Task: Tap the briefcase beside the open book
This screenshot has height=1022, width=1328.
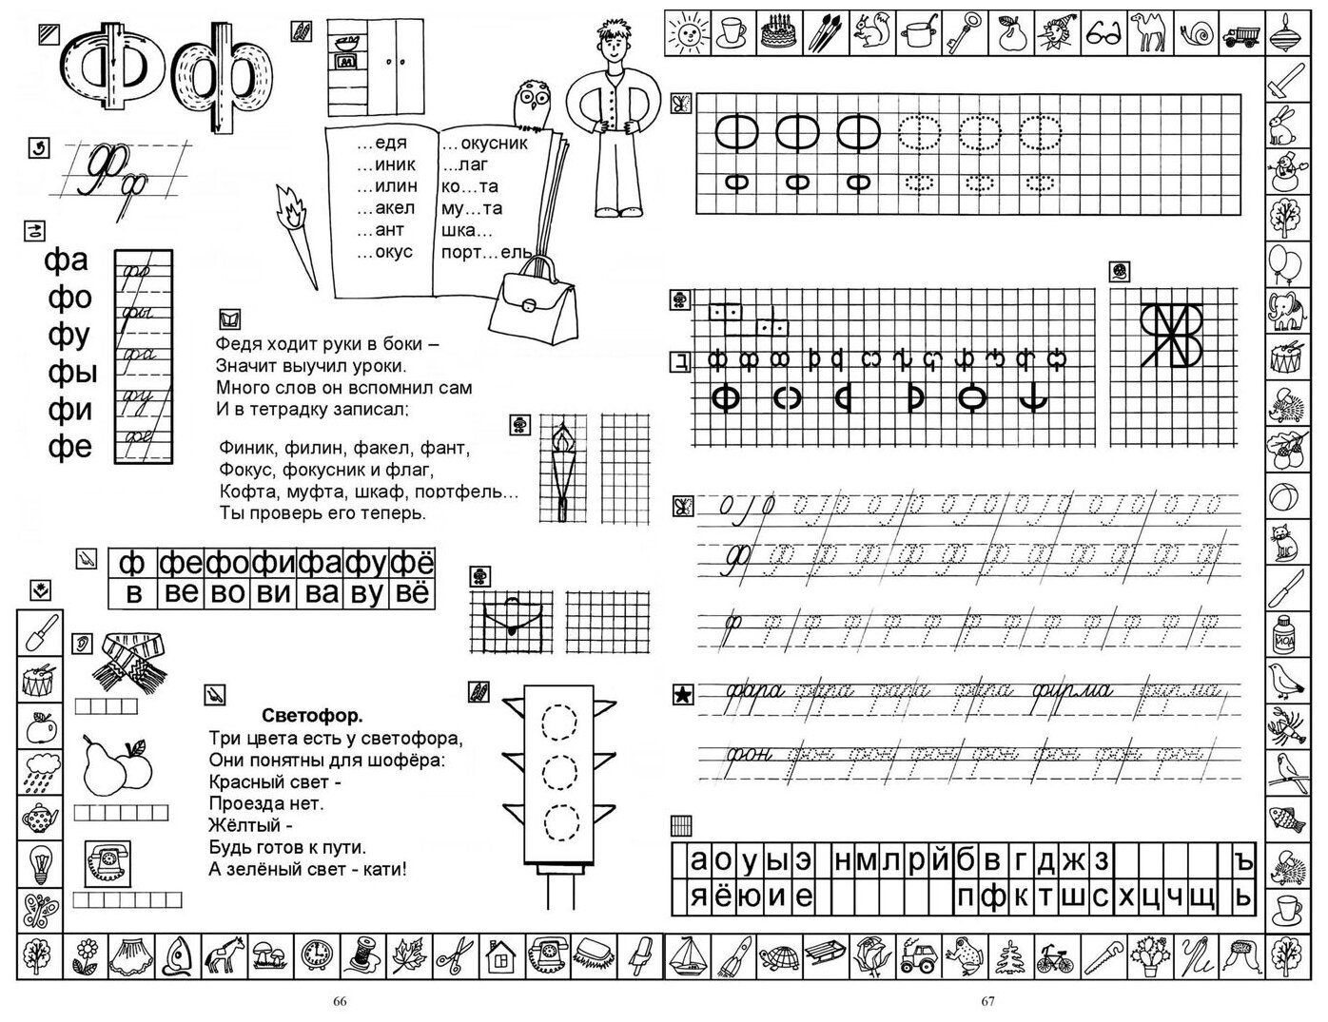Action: coord(532,303)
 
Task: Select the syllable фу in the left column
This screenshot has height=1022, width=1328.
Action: coord(68,335)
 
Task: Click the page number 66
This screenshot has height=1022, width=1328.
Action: coord(340,1001)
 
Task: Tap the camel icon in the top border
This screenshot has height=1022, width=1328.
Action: coord(1148,33)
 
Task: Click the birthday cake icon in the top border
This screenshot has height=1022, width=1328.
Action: coord(779,33)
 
